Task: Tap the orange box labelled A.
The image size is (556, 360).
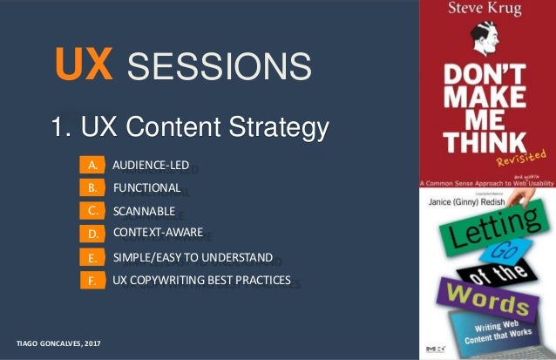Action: coord(91,165)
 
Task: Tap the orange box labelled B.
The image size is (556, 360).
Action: coord(91,187)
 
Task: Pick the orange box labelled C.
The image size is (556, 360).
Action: coord(91,210)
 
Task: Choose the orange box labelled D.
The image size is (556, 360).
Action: coord(91,234)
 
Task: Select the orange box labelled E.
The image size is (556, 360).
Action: coord(91,258)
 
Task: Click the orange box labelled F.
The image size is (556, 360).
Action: coord(91,281)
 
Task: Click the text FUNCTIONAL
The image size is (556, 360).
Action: coord(146,187)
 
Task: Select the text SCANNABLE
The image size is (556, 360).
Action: coord(144,210)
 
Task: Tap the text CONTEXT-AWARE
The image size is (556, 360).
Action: coord(158,233)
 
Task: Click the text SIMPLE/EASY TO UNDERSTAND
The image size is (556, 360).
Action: coord(193,257)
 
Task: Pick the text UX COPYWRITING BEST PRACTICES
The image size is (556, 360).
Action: coord(201,280)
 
